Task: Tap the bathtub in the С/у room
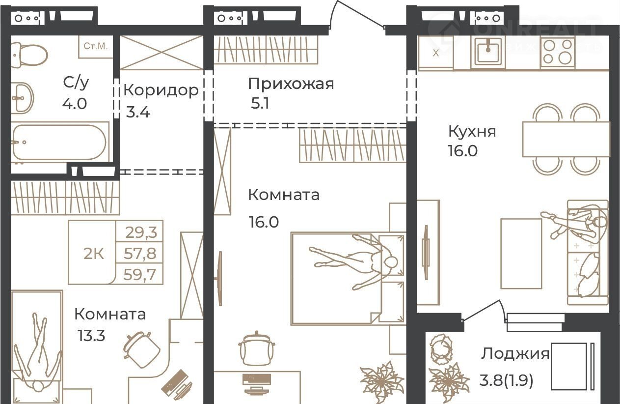coord(60,142)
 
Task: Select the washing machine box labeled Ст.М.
coord(96,47)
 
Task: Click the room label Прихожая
coord(291,84)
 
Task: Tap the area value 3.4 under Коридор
coord(138,113)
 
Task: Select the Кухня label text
coord(472,131)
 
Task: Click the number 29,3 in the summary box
coord(141,232)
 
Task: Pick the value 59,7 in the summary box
coord(140,275)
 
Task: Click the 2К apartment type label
coord(94,254)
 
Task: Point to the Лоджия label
coord(515,354)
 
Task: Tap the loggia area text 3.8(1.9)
coord(506,380)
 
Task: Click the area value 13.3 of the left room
coord(91,336)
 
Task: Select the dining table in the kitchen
coord(566,140)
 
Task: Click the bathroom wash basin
coord(23,98)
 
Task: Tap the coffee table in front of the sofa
coord(521,254)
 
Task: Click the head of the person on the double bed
coord(390,262)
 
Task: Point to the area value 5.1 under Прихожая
coord(260,104)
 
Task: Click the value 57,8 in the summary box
coord(140,253)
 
